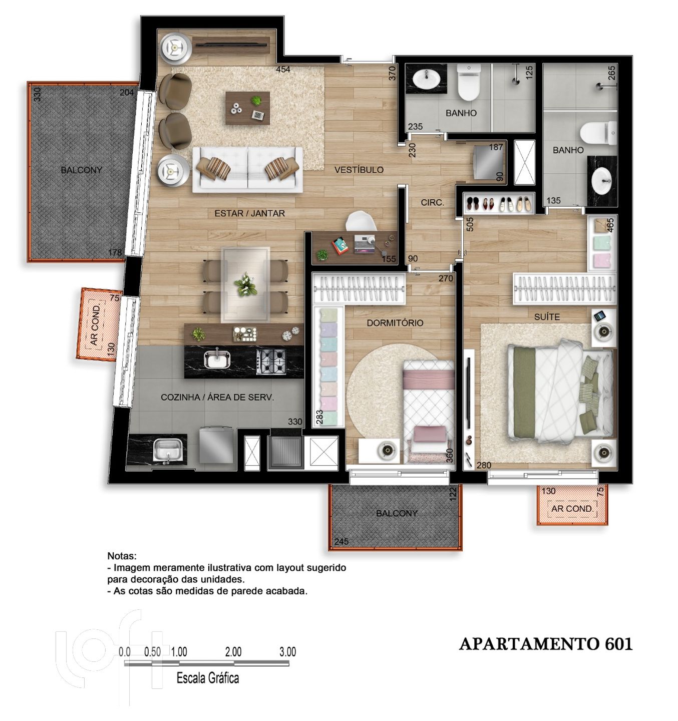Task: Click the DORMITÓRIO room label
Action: pos(395,323)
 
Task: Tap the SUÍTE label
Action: pos(546,317)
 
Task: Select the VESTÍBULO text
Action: pos(359,170)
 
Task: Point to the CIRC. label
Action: pos(432,203)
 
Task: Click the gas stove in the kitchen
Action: pos(270,361)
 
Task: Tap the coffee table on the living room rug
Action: pos(247,108)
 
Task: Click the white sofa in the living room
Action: pos(247,169)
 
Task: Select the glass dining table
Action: pos(246,284)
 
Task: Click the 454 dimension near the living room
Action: pos(283,69)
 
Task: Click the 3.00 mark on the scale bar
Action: pos(287,652)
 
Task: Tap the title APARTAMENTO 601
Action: pos(546,644)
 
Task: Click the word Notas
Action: pos(122,556)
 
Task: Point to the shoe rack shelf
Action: pos(499,203)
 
